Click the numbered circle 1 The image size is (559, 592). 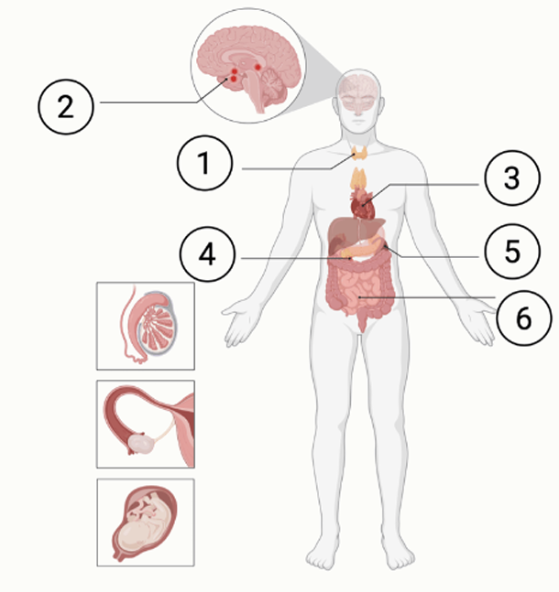point(204,163)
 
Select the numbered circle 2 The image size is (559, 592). point(66,107)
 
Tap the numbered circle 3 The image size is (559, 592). point(512,178)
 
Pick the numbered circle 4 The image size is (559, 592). point(207,254)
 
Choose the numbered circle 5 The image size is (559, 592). point(512,252)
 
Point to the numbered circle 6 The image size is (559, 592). point(524,318)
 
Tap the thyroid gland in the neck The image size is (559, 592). point(359,153)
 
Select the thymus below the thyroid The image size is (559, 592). point(359,179)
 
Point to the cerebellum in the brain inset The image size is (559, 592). point(273,84)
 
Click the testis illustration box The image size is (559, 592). point(146,326)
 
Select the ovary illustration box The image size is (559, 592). point(146,424)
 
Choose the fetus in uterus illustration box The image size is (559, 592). point(146,522)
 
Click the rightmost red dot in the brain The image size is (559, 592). point(258,67)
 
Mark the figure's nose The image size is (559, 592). point(357,109)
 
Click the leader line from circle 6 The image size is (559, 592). point(427,297)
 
